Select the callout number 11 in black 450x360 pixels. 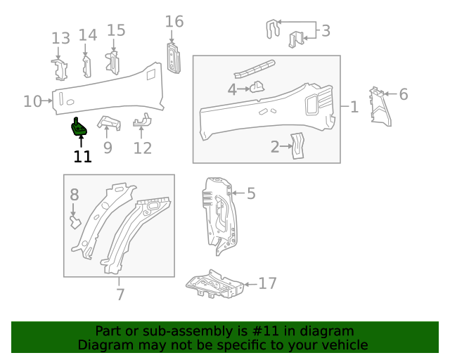pos(83,156)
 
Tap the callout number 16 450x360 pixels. pos(174,22)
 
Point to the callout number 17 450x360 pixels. pos(267,283)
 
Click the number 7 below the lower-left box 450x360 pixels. pos(120,294)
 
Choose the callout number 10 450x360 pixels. pos(32,101)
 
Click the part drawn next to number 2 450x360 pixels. pos(297,145)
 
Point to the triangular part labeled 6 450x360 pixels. pos(380,108)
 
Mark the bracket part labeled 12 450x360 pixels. pos(142,122)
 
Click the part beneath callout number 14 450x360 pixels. pos(87,65)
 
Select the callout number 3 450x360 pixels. pos(325,30)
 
